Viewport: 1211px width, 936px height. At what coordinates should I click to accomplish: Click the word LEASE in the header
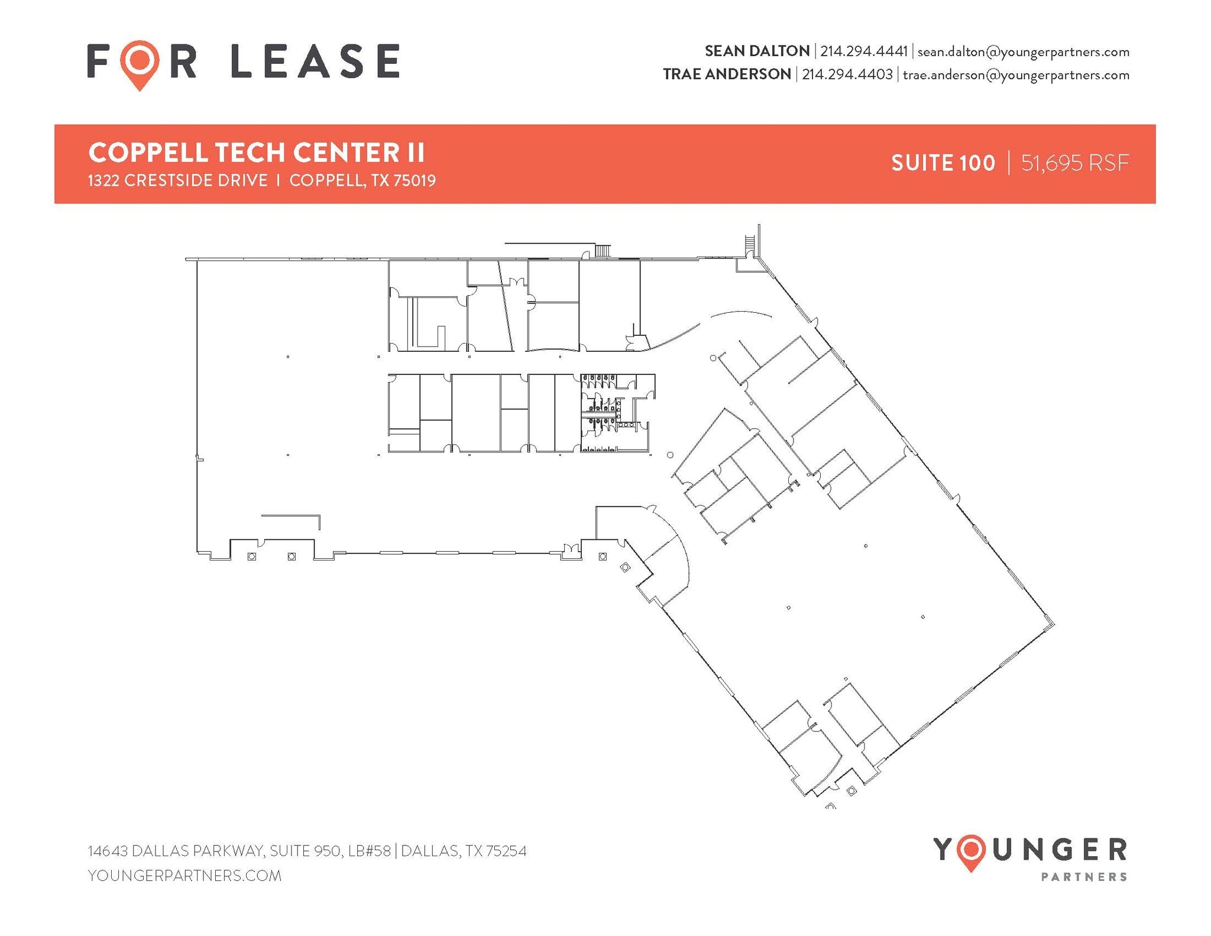[x=315, y=61]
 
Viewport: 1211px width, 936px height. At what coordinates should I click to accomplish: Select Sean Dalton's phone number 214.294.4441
[x=863, y=51]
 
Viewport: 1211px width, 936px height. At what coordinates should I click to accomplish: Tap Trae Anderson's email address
[x=1016, y=75]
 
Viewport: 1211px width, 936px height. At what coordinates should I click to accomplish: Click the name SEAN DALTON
[x=757, y=51]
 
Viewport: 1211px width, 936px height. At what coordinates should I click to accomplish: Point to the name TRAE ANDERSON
[x=727, y=75]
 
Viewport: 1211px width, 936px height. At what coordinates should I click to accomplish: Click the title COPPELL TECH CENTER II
[x=257, y=153]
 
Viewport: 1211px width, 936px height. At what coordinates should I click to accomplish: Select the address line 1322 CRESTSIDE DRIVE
[x=178, y=180]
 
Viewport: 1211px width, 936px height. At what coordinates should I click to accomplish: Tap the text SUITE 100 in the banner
[x=943, y=163]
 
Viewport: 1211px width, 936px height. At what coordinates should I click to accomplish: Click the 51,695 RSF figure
[x=1075, y=163]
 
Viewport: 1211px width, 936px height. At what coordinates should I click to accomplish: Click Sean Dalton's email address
[x=1023, y=52]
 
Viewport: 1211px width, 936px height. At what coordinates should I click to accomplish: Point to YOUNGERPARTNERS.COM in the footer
[x=184, y=876]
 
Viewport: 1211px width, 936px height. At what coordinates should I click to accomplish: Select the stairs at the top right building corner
[x=750, y=242]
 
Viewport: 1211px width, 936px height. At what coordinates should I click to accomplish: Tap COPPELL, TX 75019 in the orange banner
[x=362, y=180]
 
